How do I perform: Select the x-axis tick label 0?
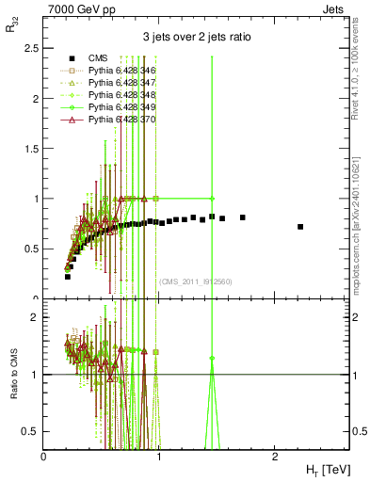(43, 456)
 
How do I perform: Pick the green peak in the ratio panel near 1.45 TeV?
(212, 359)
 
